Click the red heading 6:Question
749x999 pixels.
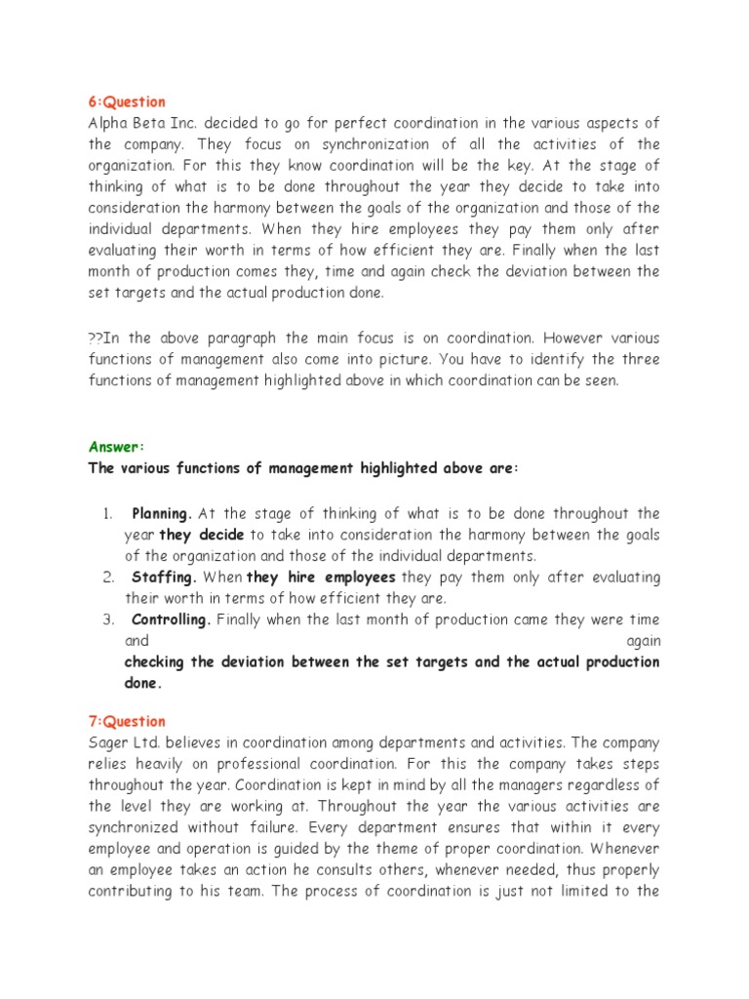(x=127, y=101)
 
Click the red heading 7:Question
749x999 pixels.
(x=127, y=721)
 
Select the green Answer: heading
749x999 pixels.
(x=116, y=447)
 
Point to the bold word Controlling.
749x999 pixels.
(x=170, y=619)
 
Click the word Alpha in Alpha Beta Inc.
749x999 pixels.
(x=109, y=122)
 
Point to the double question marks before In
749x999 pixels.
(x=96, y=339)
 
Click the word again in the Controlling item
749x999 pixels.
(x=643, y=641)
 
